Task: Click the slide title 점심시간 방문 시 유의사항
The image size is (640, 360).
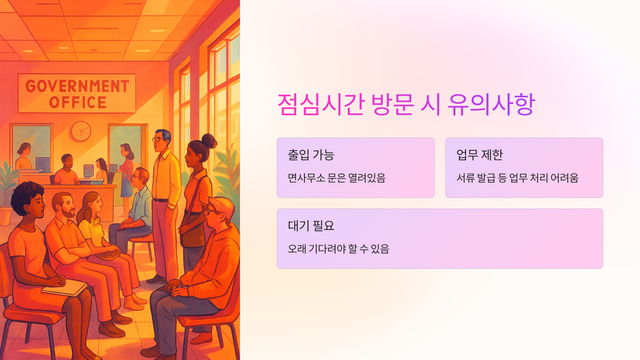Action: pos(406,105)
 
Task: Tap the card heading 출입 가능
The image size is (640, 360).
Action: pos(311,155)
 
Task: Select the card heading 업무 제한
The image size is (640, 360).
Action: pos(479,155)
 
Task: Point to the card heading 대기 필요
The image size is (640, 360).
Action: pos(311,226)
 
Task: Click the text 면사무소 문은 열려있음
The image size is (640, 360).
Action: pos(337,178)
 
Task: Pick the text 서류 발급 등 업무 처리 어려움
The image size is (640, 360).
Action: pos(517,178)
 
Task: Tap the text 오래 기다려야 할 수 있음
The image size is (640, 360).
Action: pos(338,249)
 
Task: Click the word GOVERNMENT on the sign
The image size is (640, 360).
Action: pos(77,86)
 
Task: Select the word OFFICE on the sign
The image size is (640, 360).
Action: pos(78,103)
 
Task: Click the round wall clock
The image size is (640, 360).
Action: pos(81,131)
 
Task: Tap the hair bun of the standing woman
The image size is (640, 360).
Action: pos(209,141)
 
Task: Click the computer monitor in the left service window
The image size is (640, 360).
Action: pos(43,164)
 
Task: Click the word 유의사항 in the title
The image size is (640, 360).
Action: pos(491,105)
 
